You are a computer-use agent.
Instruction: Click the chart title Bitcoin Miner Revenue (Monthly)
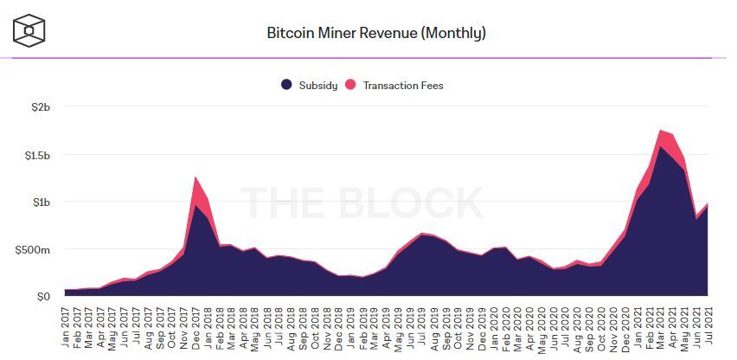click(375, 34)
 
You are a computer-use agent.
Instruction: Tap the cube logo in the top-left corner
click(29, 31)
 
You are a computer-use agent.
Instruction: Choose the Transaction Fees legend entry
click(403, 85)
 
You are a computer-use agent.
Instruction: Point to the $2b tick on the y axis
click(40, 107)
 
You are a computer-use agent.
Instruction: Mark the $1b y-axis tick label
click(40, 202)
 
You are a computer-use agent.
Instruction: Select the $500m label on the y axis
click(33, 249)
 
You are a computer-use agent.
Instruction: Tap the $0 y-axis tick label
click(42, 297)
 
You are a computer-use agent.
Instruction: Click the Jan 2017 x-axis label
click(67, 325)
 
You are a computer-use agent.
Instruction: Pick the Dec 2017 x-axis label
click(197, 325)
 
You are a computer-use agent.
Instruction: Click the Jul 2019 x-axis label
click(421, 325)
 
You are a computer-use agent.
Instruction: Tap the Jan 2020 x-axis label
click(492, 325)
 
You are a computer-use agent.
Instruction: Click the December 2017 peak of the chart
click(196, 178)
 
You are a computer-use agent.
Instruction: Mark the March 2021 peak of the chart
click(660, 132)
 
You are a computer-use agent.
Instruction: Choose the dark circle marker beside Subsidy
click(287, 85)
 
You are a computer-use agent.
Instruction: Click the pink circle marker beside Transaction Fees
click(351, 85)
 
